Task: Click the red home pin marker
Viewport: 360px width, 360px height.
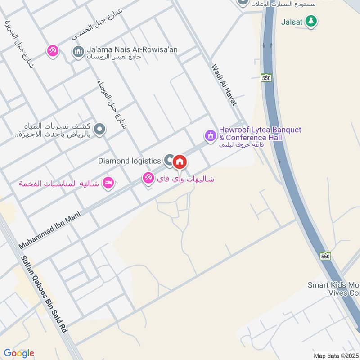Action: click(x=180, y=162)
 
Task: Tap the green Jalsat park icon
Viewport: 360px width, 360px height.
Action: click(x=310, y=21)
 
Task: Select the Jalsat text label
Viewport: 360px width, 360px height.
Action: click(x=292, y=21)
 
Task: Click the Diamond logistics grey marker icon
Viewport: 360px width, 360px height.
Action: click(x=169, y=160)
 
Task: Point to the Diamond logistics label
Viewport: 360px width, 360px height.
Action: click(x=130, y=161)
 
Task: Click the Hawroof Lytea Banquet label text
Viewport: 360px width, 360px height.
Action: click(x=260, y=134)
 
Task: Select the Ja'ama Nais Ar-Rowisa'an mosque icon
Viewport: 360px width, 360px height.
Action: click(x=78, y=52)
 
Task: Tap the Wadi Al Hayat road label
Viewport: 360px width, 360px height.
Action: click(x=224, y=85)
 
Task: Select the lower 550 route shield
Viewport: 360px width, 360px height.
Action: click(x=326, y=256)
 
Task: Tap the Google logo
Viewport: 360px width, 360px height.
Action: click(x=19, y=353)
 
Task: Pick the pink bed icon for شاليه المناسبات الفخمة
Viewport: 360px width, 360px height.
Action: click(x=108, y=183)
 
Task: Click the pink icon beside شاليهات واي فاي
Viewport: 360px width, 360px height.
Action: click(x=148, y=178)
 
